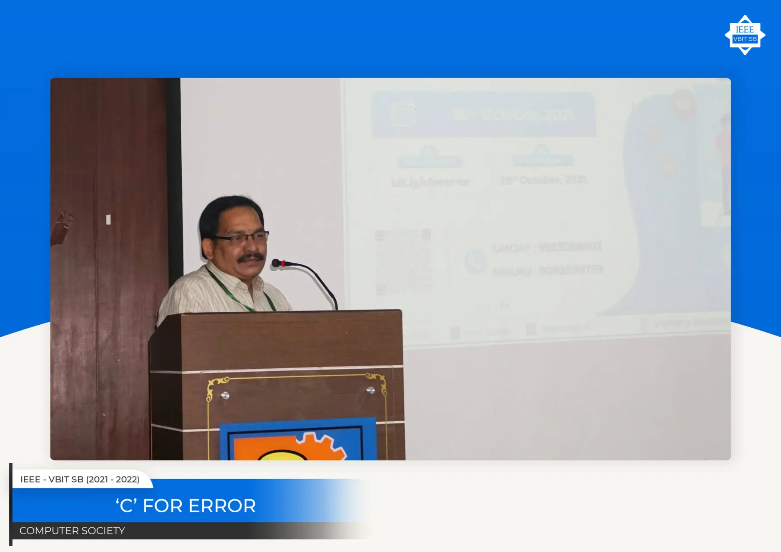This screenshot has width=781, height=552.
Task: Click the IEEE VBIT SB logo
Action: point(745,35)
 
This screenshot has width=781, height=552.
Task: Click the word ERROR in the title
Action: point(222,506)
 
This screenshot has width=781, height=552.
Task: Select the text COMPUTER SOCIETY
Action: point(72,531)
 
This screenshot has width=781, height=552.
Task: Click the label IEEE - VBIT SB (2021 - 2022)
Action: point(80,480)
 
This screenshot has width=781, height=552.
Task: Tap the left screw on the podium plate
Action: point(225,395)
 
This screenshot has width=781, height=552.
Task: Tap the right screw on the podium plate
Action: point(370,390)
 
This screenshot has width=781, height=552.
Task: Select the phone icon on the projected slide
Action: point(475,261)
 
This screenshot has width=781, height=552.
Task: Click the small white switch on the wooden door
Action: point(108,220)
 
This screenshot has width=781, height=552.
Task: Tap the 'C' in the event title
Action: point(126,506)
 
